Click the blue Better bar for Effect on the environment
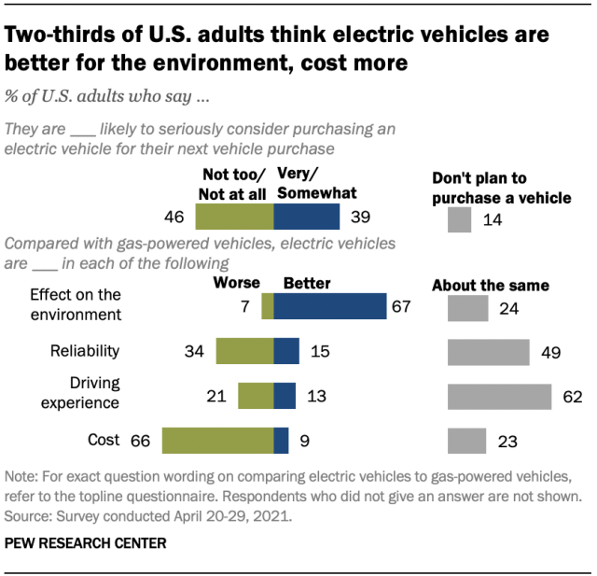329,307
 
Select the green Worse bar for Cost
217,440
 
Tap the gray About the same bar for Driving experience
499,396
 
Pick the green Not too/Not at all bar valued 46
234,217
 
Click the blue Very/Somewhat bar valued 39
306,217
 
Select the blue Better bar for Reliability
286,351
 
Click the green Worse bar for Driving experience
256,396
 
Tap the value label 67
401,307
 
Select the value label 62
572,397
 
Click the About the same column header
491,285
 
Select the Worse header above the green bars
237,282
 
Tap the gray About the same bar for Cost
466,440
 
